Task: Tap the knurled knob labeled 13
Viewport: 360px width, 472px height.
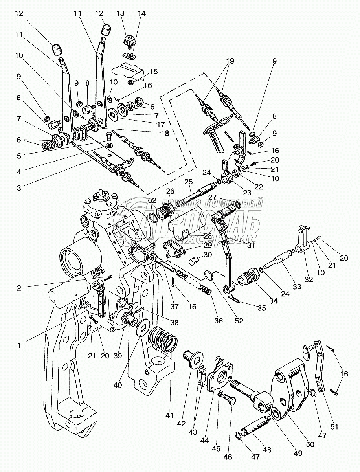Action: pyautogui.click(x=129, y=40)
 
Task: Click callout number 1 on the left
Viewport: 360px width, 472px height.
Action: pyautogui.click(x=18, y=346)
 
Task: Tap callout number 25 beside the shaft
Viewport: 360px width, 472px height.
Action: pyautogui.click(x=188, y=182)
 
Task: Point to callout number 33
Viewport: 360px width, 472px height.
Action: pyautogui.click(x=297, y=287)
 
